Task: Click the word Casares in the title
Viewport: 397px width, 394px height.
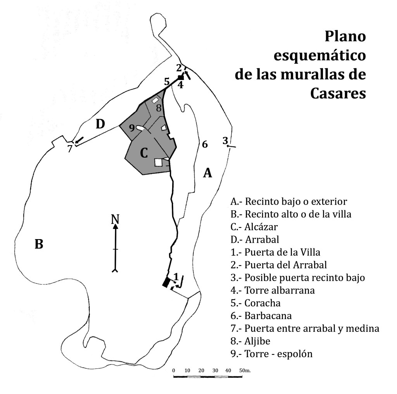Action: click(338, 93)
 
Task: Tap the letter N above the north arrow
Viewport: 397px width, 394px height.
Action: click(115, 219)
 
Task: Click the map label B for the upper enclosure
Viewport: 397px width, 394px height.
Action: click(39, 245)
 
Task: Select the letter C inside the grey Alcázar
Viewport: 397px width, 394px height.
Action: click(144, 153)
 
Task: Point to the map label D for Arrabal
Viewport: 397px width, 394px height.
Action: click(100, 124)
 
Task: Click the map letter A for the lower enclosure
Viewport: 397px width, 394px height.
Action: click(208, 173)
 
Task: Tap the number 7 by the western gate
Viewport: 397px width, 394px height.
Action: click(70, 148)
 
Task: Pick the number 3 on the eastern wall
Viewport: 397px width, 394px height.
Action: click(225, 141)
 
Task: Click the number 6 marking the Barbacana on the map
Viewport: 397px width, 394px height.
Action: click(205, 144)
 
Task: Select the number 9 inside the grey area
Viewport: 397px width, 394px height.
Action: click(132, 128)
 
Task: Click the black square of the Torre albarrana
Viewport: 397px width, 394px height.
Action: click(181, 78)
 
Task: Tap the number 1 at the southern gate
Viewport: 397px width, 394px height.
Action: click(176, 277)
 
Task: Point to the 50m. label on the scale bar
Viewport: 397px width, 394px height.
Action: click(244, 370)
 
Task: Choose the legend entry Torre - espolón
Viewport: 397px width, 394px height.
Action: click(271, 354)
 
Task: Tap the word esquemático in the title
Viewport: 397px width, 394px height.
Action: click(319, 55)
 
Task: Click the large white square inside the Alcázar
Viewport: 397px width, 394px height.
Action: click(159, 162)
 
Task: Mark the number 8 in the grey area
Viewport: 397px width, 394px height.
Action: click(159, 108)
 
